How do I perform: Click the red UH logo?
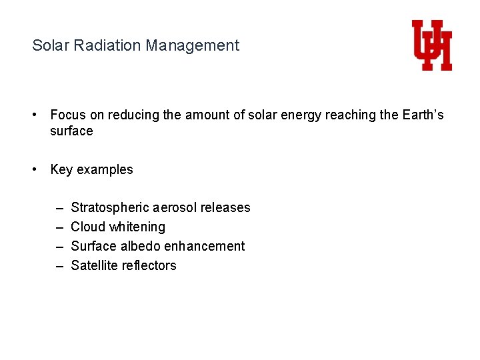[x=431, y=45]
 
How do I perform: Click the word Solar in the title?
[x=48, y=45]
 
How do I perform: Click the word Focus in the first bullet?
[x=68, y=115]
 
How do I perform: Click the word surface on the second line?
[x=71, y=131]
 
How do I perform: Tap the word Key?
[x=61, y=170]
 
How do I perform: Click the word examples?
[x=105, y=170]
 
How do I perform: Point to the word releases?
[x=225, y=208]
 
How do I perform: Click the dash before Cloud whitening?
[x=59, y=227]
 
